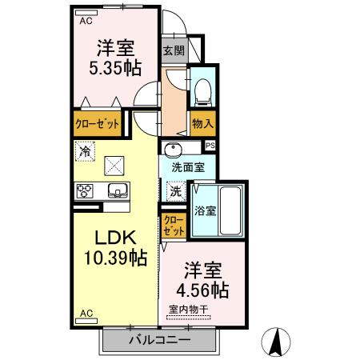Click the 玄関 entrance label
174,50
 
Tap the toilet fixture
202,90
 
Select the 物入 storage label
202,124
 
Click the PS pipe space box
210,146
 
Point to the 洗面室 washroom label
186,168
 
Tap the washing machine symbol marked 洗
176,192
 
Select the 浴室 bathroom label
205,211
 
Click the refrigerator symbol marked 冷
85,150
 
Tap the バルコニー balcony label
160,340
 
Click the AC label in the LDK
86,313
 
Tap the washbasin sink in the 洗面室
171,149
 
